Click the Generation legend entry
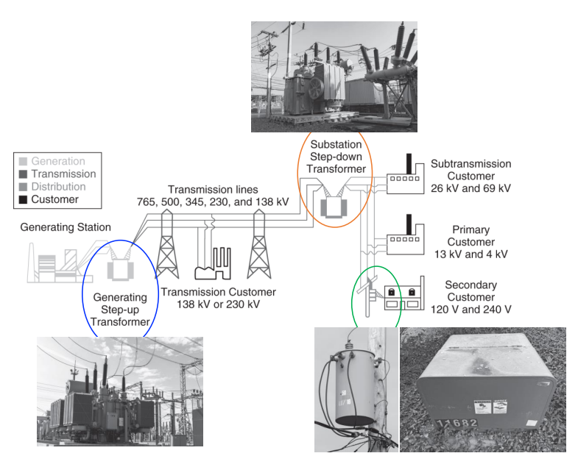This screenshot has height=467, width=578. pyautogui.click(x=57, y=161)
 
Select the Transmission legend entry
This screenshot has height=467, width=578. pyautogui.click(x=63, y=174)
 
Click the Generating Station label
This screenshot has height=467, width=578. pyautogui.click(x=66, y=227)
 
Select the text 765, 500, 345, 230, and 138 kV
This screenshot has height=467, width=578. pyautogui.click(x=213, y=201)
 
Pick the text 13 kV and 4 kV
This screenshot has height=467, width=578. pyautogui.click(x=471, y=254)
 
